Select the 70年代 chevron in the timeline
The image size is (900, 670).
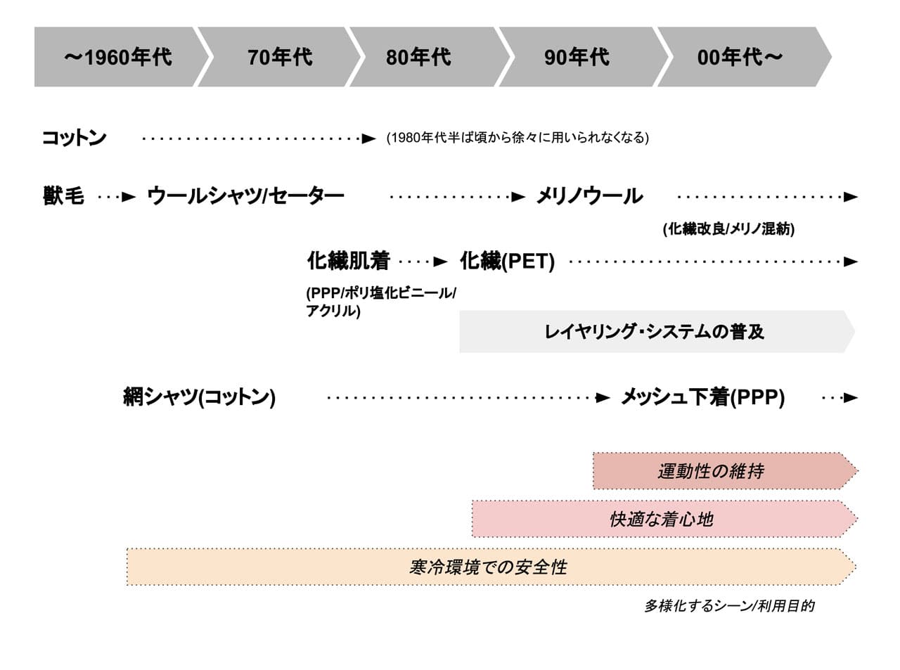coord(279,57)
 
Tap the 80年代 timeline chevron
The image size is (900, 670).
coord(430,57)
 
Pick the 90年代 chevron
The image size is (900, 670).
coord(583,57)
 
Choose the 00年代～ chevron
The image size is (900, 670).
coord(745,57)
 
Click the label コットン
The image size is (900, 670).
coord(75,138)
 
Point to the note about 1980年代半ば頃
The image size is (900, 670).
coord(517,138)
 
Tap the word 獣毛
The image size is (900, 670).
coord(63,196)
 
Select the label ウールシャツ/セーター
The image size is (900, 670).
coord(245,196)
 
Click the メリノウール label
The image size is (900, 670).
coord(590,196)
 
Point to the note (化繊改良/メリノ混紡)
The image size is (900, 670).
coord(728,229)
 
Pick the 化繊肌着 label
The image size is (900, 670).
coord(349,261)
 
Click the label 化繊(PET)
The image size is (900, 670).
coord(507,261)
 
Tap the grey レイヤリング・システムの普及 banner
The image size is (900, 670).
coord(657,332)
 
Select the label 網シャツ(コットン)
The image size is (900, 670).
coord(199,397)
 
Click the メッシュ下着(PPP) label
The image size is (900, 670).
coord(703,397)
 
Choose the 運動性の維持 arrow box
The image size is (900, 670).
coord(726,471)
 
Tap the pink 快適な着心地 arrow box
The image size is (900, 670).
coord(664,519)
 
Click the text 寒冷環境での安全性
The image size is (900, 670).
coord(488,567)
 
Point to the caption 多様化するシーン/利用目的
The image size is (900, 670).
coord(729,606)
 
